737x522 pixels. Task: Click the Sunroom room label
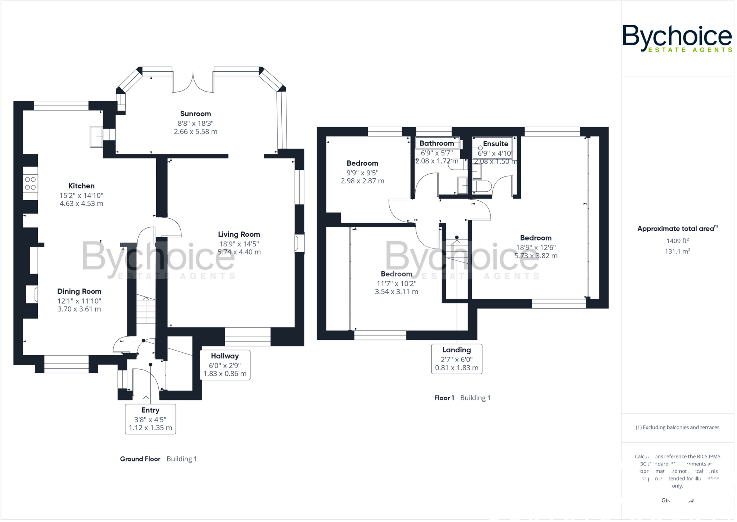[x=195, y=114]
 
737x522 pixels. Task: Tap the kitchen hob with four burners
[x=31, y=183]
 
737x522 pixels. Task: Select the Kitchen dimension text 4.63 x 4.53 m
[x=81, y=204]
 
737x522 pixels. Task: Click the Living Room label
[x=239, y=235]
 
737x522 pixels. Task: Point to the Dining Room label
[x=79, y=291]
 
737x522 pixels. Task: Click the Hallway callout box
[x=225, y=365]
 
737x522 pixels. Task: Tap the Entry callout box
[x=150, y=419]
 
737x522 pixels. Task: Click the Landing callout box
[x=456, y=358]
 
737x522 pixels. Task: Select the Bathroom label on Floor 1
[x=437, y=143]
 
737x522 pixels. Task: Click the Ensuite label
[x=495, y=144]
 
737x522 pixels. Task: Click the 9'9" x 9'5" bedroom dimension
[x=362, y=173]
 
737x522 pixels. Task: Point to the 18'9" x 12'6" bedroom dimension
[x=536, y=247]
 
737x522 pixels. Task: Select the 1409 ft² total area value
[x=677, y=241]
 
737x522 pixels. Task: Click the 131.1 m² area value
[x=677, y=251]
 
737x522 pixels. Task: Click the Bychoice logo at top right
[x=677, y=38]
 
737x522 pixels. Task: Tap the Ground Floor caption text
[x=140, y=459]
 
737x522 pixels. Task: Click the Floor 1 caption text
[x=444, y=398]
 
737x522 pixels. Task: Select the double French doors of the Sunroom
[x=193, y=82]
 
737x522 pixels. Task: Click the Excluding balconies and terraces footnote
[x=677, y=428]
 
